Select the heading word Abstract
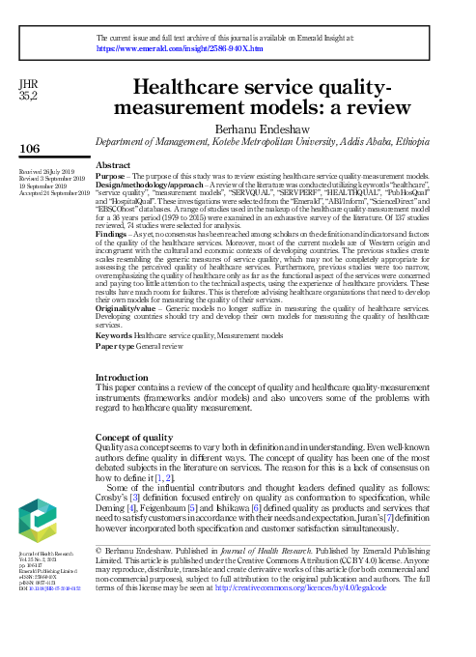(115, 166)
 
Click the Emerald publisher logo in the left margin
(37, 519)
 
